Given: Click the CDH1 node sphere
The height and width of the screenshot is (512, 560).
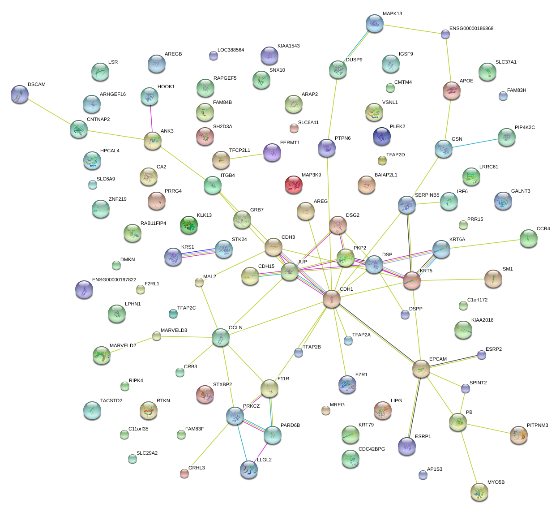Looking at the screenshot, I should point(332,299).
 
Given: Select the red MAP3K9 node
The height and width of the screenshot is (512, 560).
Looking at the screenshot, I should point(294,184).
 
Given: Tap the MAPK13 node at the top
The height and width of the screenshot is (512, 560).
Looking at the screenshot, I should point(375,23).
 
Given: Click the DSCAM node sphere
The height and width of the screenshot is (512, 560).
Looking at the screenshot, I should point(20,94).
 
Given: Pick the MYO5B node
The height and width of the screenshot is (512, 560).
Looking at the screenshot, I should point(479,492).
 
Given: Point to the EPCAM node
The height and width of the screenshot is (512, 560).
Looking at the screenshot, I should point(421,369).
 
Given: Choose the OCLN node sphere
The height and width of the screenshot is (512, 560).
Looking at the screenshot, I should point(220,337).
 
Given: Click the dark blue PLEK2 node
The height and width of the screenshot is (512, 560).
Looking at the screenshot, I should point(381,136).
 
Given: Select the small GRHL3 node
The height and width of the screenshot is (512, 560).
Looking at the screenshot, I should point(184,473).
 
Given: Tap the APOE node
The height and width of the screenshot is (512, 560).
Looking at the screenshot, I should point(452,90).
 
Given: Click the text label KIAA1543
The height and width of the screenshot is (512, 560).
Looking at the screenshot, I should point(288,46).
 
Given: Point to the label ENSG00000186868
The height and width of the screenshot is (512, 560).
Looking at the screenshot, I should point(471,29).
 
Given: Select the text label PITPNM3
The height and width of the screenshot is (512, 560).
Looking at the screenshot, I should point(537,426).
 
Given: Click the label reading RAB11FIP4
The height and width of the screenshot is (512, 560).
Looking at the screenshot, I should point(153,224).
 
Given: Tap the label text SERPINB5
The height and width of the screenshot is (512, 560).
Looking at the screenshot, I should point(427,195).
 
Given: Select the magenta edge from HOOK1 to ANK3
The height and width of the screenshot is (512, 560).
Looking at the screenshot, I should point(151,119).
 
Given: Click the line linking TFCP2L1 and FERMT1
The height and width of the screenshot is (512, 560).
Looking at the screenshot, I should point(247,156).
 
